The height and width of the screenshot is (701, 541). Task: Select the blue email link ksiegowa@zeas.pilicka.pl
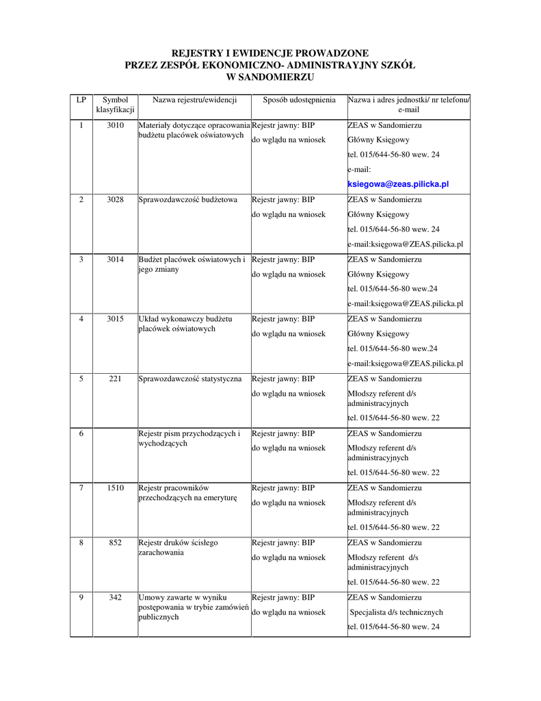(x=398, y=184)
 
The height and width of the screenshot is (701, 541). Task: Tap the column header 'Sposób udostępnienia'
(x=300, y=100)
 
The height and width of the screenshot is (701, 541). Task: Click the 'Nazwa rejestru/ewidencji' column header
(x=194, y=100)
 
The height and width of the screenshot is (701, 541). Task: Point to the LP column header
(x=81, y=100)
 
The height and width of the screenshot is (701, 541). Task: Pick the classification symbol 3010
(x=116, y=125)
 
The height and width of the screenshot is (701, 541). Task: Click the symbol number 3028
(x=116, y=200)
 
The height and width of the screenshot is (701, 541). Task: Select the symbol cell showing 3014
(x=116, y=259)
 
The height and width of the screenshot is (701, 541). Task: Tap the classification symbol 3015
(x=116, y=319)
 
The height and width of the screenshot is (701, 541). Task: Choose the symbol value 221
(x=116, y=379)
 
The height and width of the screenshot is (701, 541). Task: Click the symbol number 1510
(x=116, y=488)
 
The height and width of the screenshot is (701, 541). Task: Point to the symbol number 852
(x=116, y=543)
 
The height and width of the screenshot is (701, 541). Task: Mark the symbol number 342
(x=116, y=598)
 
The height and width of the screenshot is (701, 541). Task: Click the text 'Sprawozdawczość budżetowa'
(x=188, y=200)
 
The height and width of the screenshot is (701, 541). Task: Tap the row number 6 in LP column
(x=81, y=433)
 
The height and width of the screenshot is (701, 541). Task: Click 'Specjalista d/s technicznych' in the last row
(x=397, y=613)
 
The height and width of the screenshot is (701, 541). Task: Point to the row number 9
(x=81, y=598)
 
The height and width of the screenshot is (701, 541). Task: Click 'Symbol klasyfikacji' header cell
(x=116, y=105)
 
